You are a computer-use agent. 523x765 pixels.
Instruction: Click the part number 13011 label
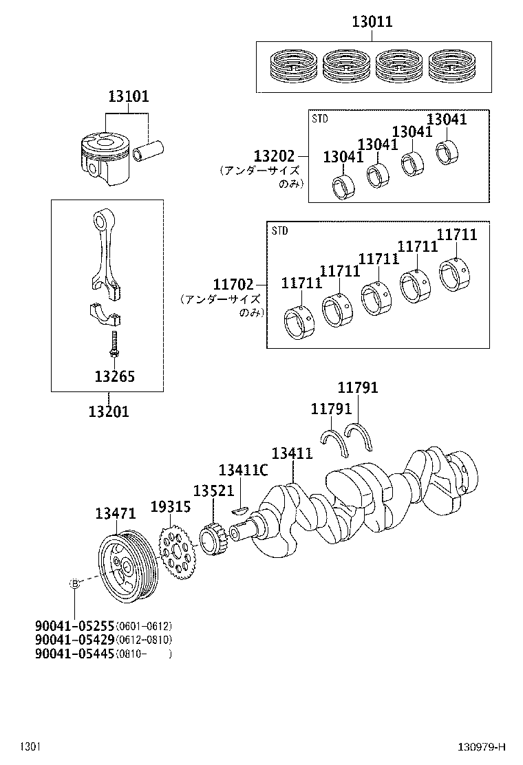372,22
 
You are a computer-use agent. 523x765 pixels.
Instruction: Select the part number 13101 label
128,97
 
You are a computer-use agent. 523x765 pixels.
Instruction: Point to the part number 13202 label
274,156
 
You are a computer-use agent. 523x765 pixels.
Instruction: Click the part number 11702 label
233,284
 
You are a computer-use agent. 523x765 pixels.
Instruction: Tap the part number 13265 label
114,376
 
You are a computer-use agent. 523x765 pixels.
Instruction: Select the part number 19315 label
170,507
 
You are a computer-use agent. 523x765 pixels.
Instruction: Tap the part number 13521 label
213,491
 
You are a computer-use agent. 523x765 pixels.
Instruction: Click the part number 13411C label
243,471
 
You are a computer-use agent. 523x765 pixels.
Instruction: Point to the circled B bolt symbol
74,583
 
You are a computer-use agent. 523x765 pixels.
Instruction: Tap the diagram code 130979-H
482,747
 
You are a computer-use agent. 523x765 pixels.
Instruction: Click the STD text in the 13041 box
320,119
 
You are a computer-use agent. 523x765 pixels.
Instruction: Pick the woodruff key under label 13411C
239,510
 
